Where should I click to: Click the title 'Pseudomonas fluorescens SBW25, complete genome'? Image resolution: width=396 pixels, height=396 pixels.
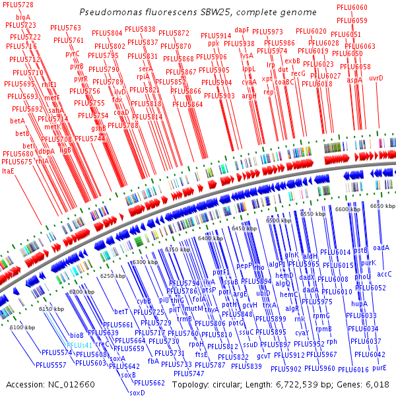pos(197,13)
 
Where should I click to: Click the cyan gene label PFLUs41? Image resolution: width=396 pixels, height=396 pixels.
pos(79,345)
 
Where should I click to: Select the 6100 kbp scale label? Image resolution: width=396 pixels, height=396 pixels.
pos(22,327)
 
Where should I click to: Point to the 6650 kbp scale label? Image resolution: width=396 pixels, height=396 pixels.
pos(382,206)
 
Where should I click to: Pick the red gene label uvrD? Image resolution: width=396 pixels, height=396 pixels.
pos(376,78)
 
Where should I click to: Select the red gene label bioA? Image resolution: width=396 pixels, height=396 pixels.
pos(22,16)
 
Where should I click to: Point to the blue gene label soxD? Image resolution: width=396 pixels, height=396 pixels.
pos(137,393)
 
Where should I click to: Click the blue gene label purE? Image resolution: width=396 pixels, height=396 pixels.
pos(379,366)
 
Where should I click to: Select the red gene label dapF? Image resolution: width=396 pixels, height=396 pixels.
pos(242,30)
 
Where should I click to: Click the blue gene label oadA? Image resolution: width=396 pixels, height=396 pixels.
pos(381,247)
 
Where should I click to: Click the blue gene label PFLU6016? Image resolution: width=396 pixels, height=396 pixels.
pos(354,370)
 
